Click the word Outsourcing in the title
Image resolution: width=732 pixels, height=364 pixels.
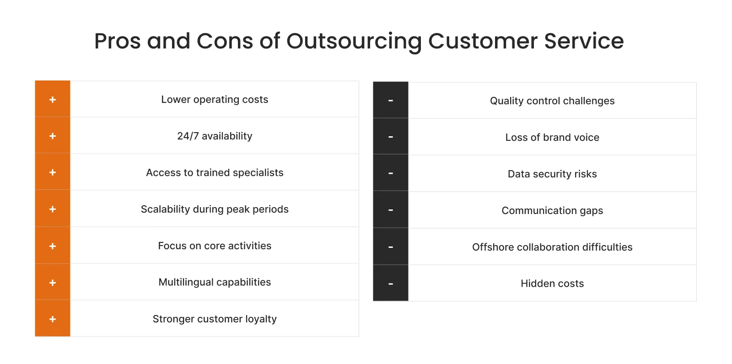[354, 41]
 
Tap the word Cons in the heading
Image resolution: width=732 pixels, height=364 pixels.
[225, 41]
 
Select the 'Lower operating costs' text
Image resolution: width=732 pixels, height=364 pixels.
[215, 100]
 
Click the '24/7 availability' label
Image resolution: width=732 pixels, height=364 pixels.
[215, 136]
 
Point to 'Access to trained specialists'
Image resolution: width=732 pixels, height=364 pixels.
[215, 173]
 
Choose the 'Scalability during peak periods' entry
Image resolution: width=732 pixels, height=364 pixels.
[215, 209]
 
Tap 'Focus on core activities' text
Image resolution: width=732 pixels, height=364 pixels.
[215, 246]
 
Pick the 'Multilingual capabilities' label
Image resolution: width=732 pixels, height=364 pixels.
[215, 283]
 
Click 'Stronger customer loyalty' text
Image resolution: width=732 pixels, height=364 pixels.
[215, 319]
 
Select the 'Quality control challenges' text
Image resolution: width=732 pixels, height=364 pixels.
[552, 101]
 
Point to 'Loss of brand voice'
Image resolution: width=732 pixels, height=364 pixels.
[552, 138]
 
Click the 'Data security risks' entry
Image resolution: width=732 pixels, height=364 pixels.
[552, 174]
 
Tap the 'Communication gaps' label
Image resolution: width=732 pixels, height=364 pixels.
[552, 211]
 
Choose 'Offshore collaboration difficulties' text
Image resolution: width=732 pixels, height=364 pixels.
[552, 247]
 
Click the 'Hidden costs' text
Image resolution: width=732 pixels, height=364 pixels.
[552, 284]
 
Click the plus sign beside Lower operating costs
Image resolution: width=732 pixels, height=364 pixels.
[53, 100]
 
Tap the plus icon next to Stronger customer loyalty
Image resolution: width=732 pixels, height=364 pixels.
[53, 319]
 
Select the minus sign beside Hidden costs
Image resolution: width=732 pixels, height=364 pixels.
[391, 284]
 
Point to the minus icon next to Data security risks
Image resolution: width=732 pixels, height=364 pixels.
[391, 174]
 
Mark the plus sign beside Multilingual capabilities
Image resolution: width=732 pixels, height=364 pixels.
[53, 283]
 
